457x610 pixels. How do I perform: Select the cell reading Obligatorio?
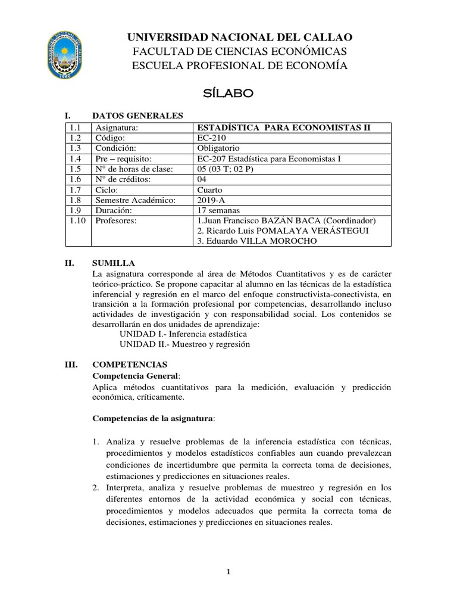[218, 148]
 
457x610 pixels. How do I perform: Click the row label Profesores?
[116, 220]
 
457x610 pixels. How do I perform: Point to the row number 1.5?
[74, 169]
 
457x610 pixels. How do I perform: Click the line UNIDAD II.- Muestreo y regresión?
[184, 344]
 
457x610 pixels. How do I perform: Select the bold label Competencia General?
[135, 375]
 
